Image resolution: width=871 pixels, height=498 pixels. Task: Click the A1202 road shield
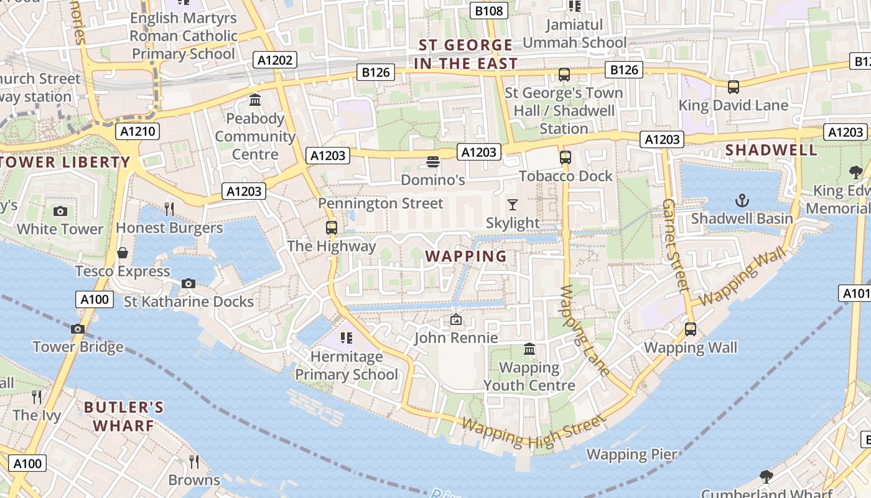click(x=274, y=60)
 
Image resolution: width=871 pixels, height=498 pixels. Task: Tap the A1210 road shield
click(x=137, y=131)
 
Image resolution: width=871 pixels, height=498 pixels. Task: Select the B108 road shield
click(x=488, y=11)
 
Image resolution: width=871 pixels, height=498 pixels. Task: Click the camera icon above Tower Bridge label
click(x=78, y=329)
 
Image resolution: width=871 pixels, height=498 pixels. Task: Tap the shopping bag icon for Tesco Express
click(x=123, y=253)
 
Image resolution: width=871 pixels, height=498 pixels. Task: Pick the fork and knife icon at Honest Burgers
click(x=169, y=208)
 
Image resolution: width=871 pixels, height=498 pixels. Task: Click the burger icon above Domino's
click(x=433, y=162)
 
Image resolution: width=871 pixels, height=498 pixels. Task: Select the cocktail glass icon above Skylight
click(x=513, y=204)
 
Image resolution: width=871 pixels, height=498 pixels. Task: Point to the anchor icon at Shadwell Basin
click(x=742, y=200)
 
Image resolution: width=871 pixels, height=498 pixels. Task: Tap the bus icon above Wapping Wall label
click(x=690, y=329)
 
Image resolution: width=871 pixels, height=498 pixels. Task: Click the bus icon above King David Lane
click(x=734, y=87)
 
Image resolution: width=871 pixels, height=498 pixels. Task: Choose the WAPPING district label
click(x=466, y=256)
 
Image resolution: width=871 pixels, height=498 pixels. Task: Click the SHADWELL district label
click(x=771, y=150)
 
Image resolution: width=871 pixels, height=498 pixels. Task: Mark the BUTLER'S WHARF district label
click(x=123, y=416)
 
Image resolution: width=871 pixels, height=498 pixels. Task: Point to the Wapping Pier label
click(x=631, y=454)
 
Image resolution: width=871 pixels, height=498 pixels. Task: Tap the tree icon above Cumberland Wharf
click(x=766, y=477)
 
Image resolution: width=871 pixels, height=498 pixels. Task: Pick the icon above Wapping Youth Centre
click(x=529, y=349)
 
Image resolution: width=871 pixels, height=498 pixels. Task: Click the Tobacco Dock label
click(x=566, y=176)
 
